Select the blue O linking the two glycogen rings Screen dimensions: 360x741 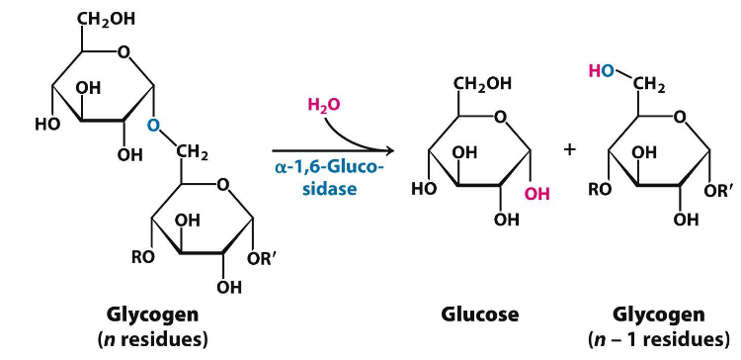154,126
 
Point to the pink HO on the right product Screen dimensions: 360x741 600,71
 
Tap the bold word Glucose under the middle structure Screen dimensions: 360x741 479,315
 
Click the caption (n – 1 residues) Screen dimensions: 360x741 658,338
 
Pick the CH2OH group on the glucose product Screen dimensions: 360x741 482,84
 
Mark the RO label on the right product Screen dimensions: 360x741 601,191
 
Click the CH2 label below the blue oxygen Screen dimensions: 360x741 191,153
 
